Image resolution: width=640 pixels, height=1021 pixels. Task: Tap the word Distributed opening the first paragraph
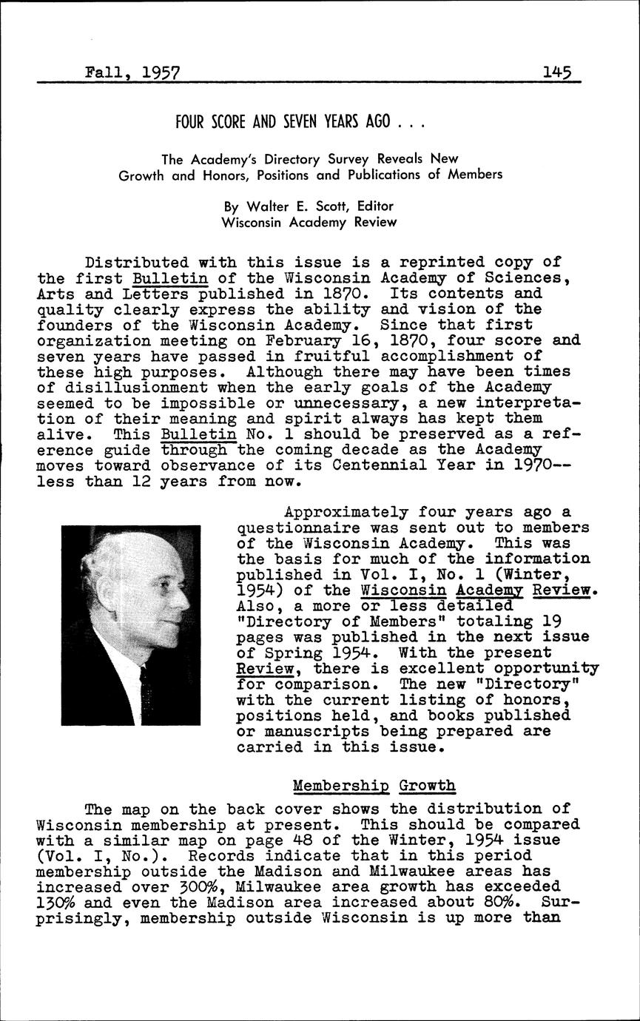coord(132,262)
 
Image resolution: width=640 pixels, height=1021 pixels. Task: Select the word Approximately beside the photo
coord(346,512)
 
